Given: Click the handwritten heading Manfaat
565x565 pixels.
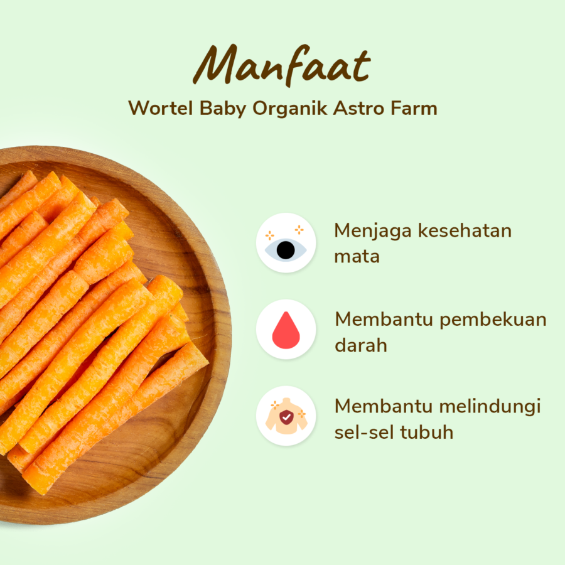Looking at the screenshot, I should [282, 66].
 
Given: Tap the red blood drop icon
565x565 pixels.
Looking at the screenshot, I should [286, 330].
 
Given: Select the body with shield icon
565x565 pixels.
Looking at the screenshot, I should [286, 416].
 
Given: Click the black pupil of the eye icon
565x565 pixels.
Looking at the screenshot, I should [286, 250].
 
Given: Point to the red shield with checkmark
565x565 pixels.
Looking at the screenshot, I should [286, 417].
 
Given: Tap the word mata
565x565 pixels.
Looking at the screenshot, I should [357, 257].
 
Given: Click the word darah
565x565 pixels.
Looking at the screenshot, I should [360, 345].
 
